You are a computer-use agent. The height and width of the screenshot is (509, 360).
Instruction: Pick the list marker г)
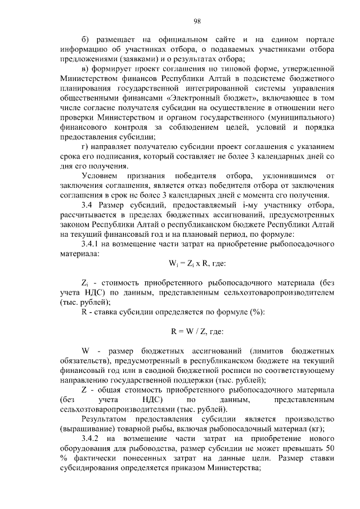[x=85, y=147]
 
